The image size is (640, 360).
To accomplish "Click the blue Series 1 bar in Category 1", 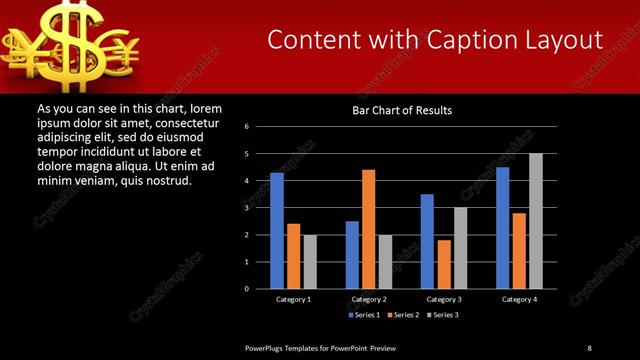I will pyautogui.click(x=277, y=230).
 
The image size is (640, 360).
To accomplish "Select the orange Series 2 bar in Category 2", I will pyautogui.click(x=368, y=229).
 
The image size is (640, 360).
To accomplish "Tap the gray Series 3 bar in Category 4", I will pyautogui.click(x=535, y=220).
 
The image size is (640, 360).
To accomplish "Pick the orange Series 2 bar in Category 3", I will pyautogui.click(x=443, y=264).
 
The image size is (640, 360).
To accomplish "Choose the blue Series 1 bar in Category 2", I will pyautogui.click(x=352, y=254).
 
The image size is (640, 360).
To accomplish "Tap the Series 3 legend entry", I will pyautogui.click(x=443, y=315).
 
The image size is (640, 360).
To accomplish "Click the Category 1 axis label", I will pyautogui.click(x=293, y=299).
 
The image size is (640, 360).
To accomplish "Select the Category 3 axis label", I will pyautogui.click(x=443, y=299).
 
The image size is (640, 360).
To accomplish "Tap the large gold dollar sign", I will pyautogui.click(x=48, y=40).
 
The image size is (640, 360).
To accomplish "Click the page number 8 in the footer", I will pyautogui.click(x=589, y=347).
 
